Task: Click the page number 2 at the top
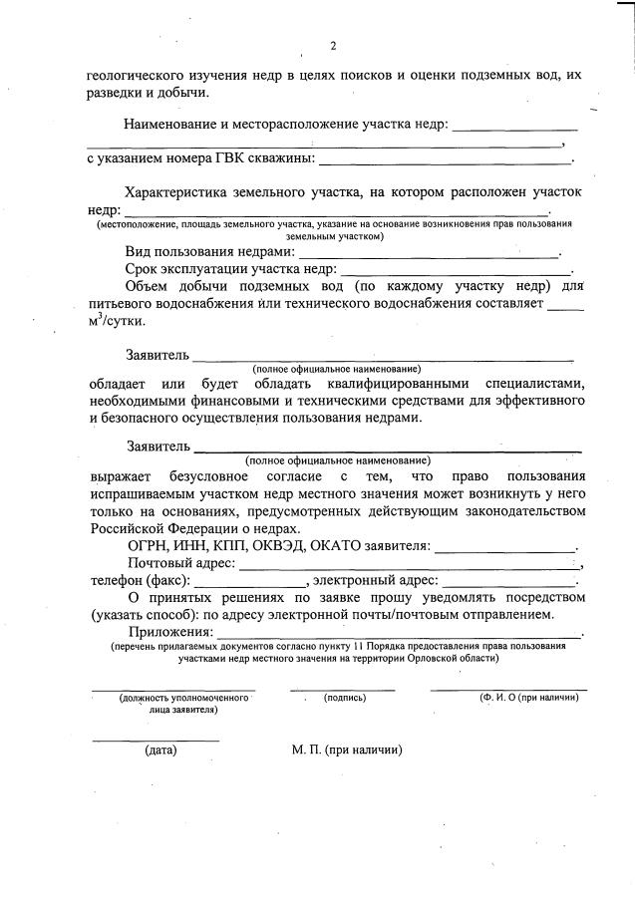coord(333,46)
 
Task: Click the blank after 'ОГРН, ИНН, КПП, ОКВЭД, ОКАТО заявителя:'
coord(505,547)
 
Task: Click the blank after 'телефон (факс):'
coord(250,582)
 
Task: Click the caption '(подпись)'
coord(345,699)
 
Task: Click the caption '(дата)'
coord(159,750)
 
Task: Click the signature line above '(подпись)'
coord(342,689)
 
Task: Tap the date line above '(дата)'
coord(155,740)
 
